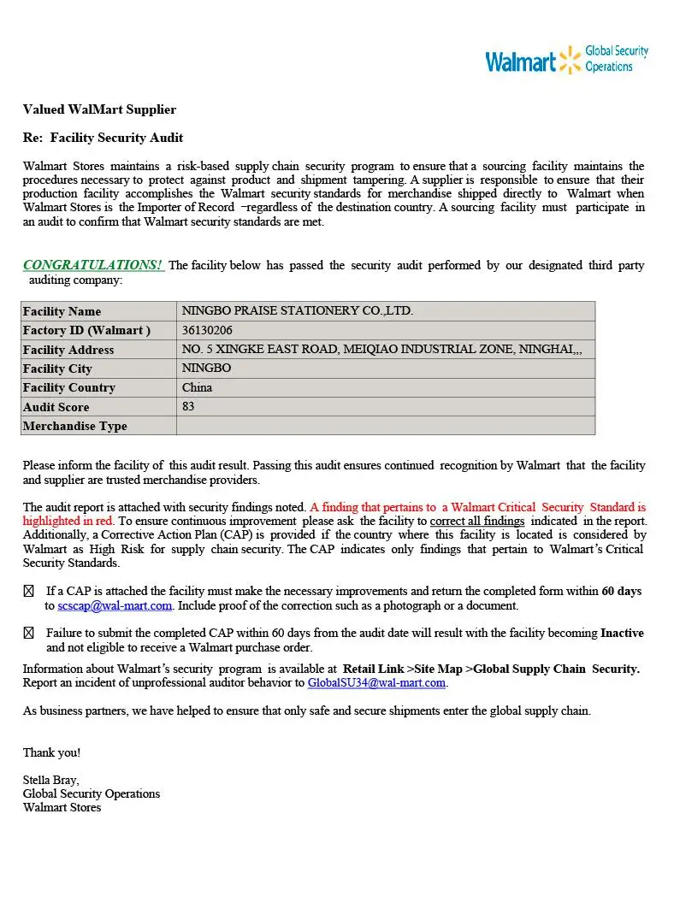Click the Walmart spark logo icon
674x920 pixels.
coord(570,61)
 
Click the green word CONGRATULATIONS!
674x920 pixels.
coord(93,265)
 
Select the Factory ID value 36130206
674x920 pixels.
coord(207,330)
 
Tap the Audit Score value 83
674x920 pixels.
coord(188,407)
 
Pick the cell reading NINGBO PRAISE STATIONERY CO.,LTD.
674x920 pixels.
coord(297,311)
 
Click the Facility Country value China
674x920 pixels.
coord(197,387)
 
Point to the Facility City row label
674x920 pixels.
coord(57,369)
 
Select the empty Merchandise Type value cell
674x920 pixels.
coord(385,426)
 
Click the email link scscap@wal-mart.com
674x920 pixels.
coord(115,605)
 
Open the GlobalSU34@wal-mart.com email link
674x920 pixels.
coord(376,682)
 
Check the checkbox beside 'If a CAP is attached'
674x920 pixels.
coord(28,591)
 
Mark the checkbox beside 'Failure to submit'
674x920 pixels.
coord(28,634)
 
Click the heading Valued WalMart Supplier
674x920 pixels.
coord(99,109)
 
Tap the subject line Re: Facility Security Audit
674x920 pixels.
coord(103,138)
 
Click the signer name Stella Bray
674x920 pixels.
coord(50,780)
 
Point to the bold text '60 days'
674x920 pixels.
coord(621,591)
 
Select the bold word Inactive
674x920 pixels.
coord(622,634)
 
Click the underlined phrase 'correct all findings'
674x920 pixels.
coord(476,521)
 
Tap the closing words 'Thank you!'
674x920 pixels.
coord(51,752)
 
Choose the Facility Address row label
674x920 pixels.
coord(68,350)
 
